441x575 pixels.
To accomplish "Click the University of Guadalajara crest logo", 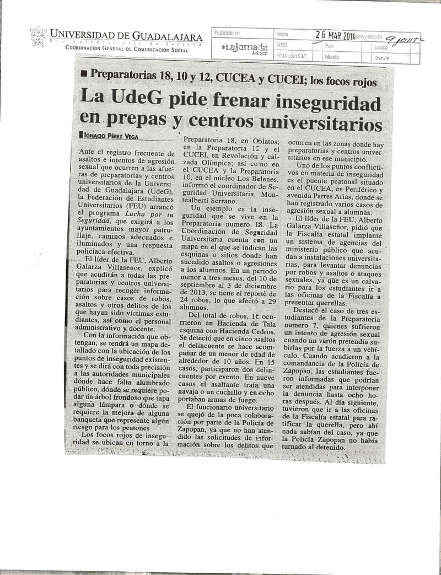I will pyautogui.click(x=37, y=37).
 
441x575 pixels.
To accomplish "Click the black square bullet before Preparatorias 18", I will pyautogui.click(x=83, y=73).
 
